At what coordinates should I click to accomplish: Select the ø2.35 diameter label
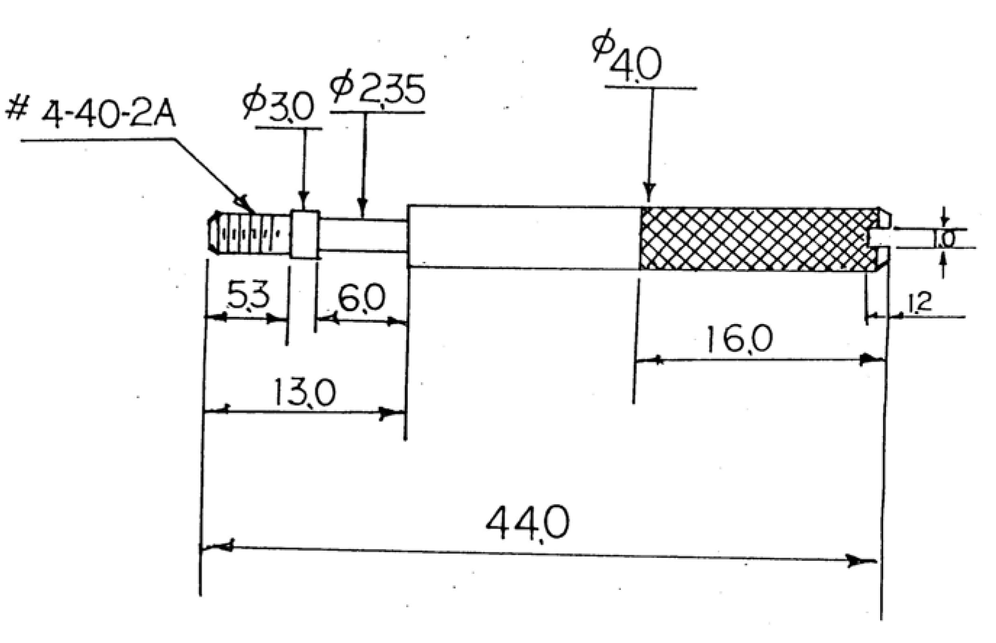377,89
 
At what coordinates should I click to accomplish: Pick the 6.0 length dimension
361,298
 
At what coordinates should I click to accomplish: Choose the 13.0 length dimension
304,392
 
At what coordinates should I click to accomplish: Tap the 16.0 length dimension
738,339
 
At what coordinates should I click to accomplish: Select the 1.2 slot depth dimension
920,304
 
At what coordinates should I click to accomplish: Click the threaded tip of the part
249,233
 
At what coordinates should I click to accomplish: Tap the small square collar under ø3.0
304,234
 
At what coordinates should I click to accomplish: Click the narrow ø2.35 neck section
363,235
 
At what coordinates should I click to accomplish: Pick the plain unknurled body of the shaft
524,237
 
